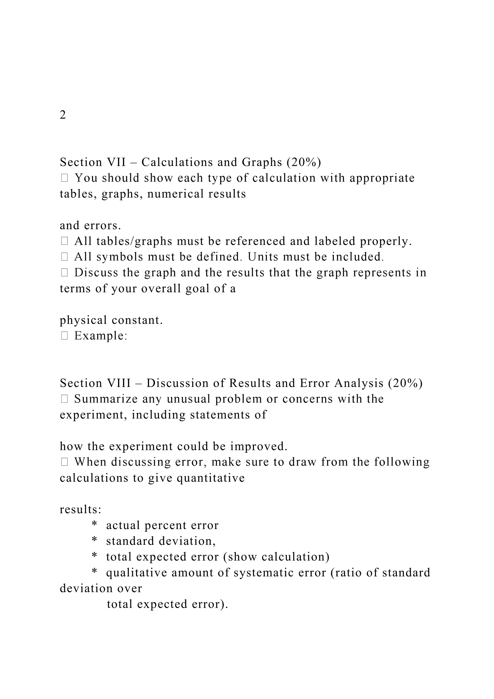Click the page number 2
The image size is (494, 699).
(x=63, y=115)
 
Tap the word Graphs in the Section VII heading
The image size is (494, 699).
(x=262, y=162)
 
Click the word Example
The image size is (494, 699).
(x=100, y=336)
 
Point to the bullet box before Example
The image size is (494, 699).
(x=64, y=336)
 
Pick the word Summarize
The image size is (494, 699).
(x=106, y=399)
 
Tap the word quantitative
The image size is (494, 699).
(x=211, y=478)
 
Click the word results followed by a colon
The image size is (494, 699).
(x=80, y=510)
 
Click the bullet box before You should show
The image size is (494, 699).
(x=64, y=178)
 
